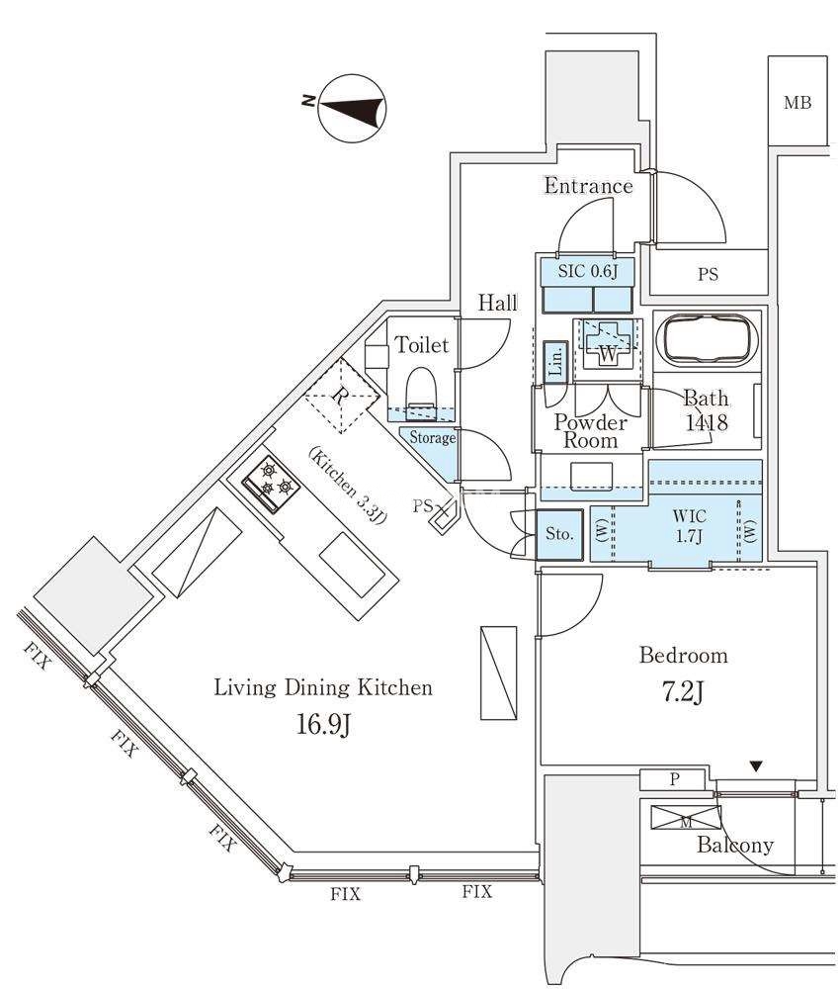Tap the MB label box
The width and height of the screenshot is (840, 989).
tap(798, 102)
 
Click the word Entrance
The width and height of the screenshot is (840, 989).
tap(588, 186)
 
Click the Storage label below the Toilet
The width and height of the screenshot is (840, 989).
tap(432, 437)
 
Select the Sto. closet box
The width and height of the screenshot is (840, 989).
tap(558, 534)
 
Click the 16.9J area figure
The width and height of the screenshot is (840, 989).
tap(324, 725)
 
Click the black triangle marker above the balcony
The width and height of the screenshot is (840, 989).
tap(756, 765)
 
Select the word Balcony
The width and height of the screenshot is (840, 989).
tap(733, 846)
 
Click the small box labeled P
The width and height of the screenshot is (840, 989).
tap(674, 779)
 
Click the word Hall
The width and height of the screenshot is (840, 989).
tap(497, 304)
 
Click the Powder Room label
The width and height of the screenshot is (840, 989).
tap(591, 431)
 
